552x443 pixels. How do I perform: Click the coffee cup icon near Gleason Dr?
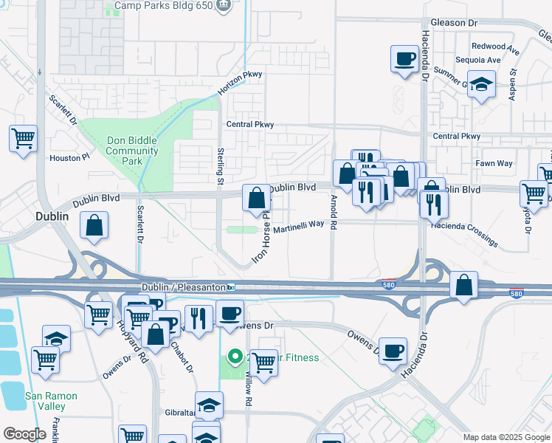(404, 60)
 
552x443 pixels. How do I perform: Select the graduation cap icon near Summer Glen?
(482, 86)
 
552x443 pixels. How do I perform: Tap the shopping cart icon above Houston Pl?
(24, 138)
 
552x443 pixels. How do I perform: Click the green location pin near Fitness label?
(235, 358)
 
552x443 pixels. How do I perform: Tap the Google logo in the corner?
(24, 434)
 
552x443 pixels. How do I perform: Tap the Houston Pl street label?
(69, 157)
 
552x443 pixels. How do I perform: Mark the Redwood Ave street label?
(496, 46)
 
